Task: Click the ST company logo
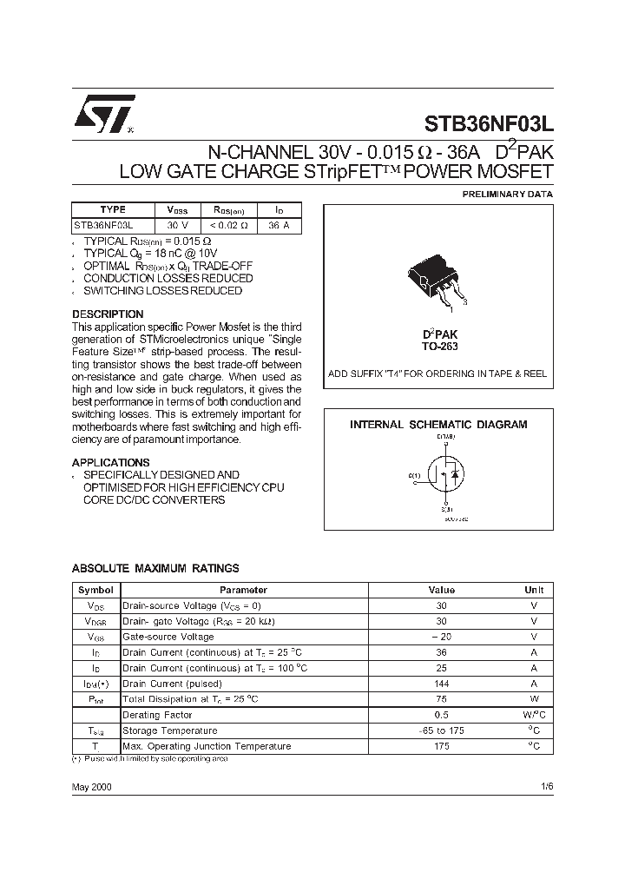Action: pyautogui.click(x=103, y=114)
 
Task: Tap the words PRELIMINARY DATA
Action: pyautogui.click(x=506, y=194)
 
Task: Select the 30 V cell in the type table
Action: pyautogui.click(x=178, y=224)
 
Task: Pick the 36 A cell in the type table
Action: pyautogui.click(x=279, y=224)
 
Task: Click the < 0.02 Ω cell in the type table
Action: pyautogui.click(x=230, y=224)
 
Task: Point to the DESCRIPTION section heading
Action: pyautogui.click(x=108, y=314)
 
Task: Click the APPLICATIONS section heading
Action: pyautogui.click(x=110, y=463)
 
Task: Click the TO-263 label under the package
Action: pyautogui.click(x=440, y=346)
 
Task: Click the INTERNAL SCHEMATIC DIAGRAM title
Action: pyautogui.click(x=438, y=425)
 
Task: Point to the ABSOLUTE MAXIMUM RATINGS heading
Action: pyautogui.click(x=155, y=569)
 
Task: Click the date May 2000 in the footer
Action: pyautogui.click(x=91, y=786)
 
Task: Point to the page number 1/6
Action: pyautogui.click(x=545, y=786)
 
